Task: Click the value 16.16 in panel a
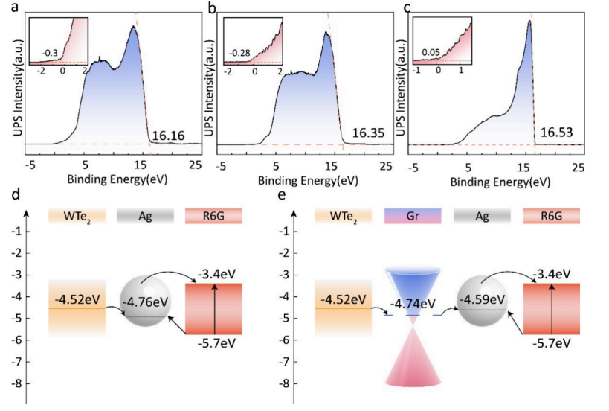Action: [167, 136]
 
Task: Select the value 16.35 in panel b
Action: [362, 136]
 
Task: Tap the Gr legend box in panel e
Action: [412, 216]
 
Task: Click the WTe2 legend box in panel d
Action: [77, 216]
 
